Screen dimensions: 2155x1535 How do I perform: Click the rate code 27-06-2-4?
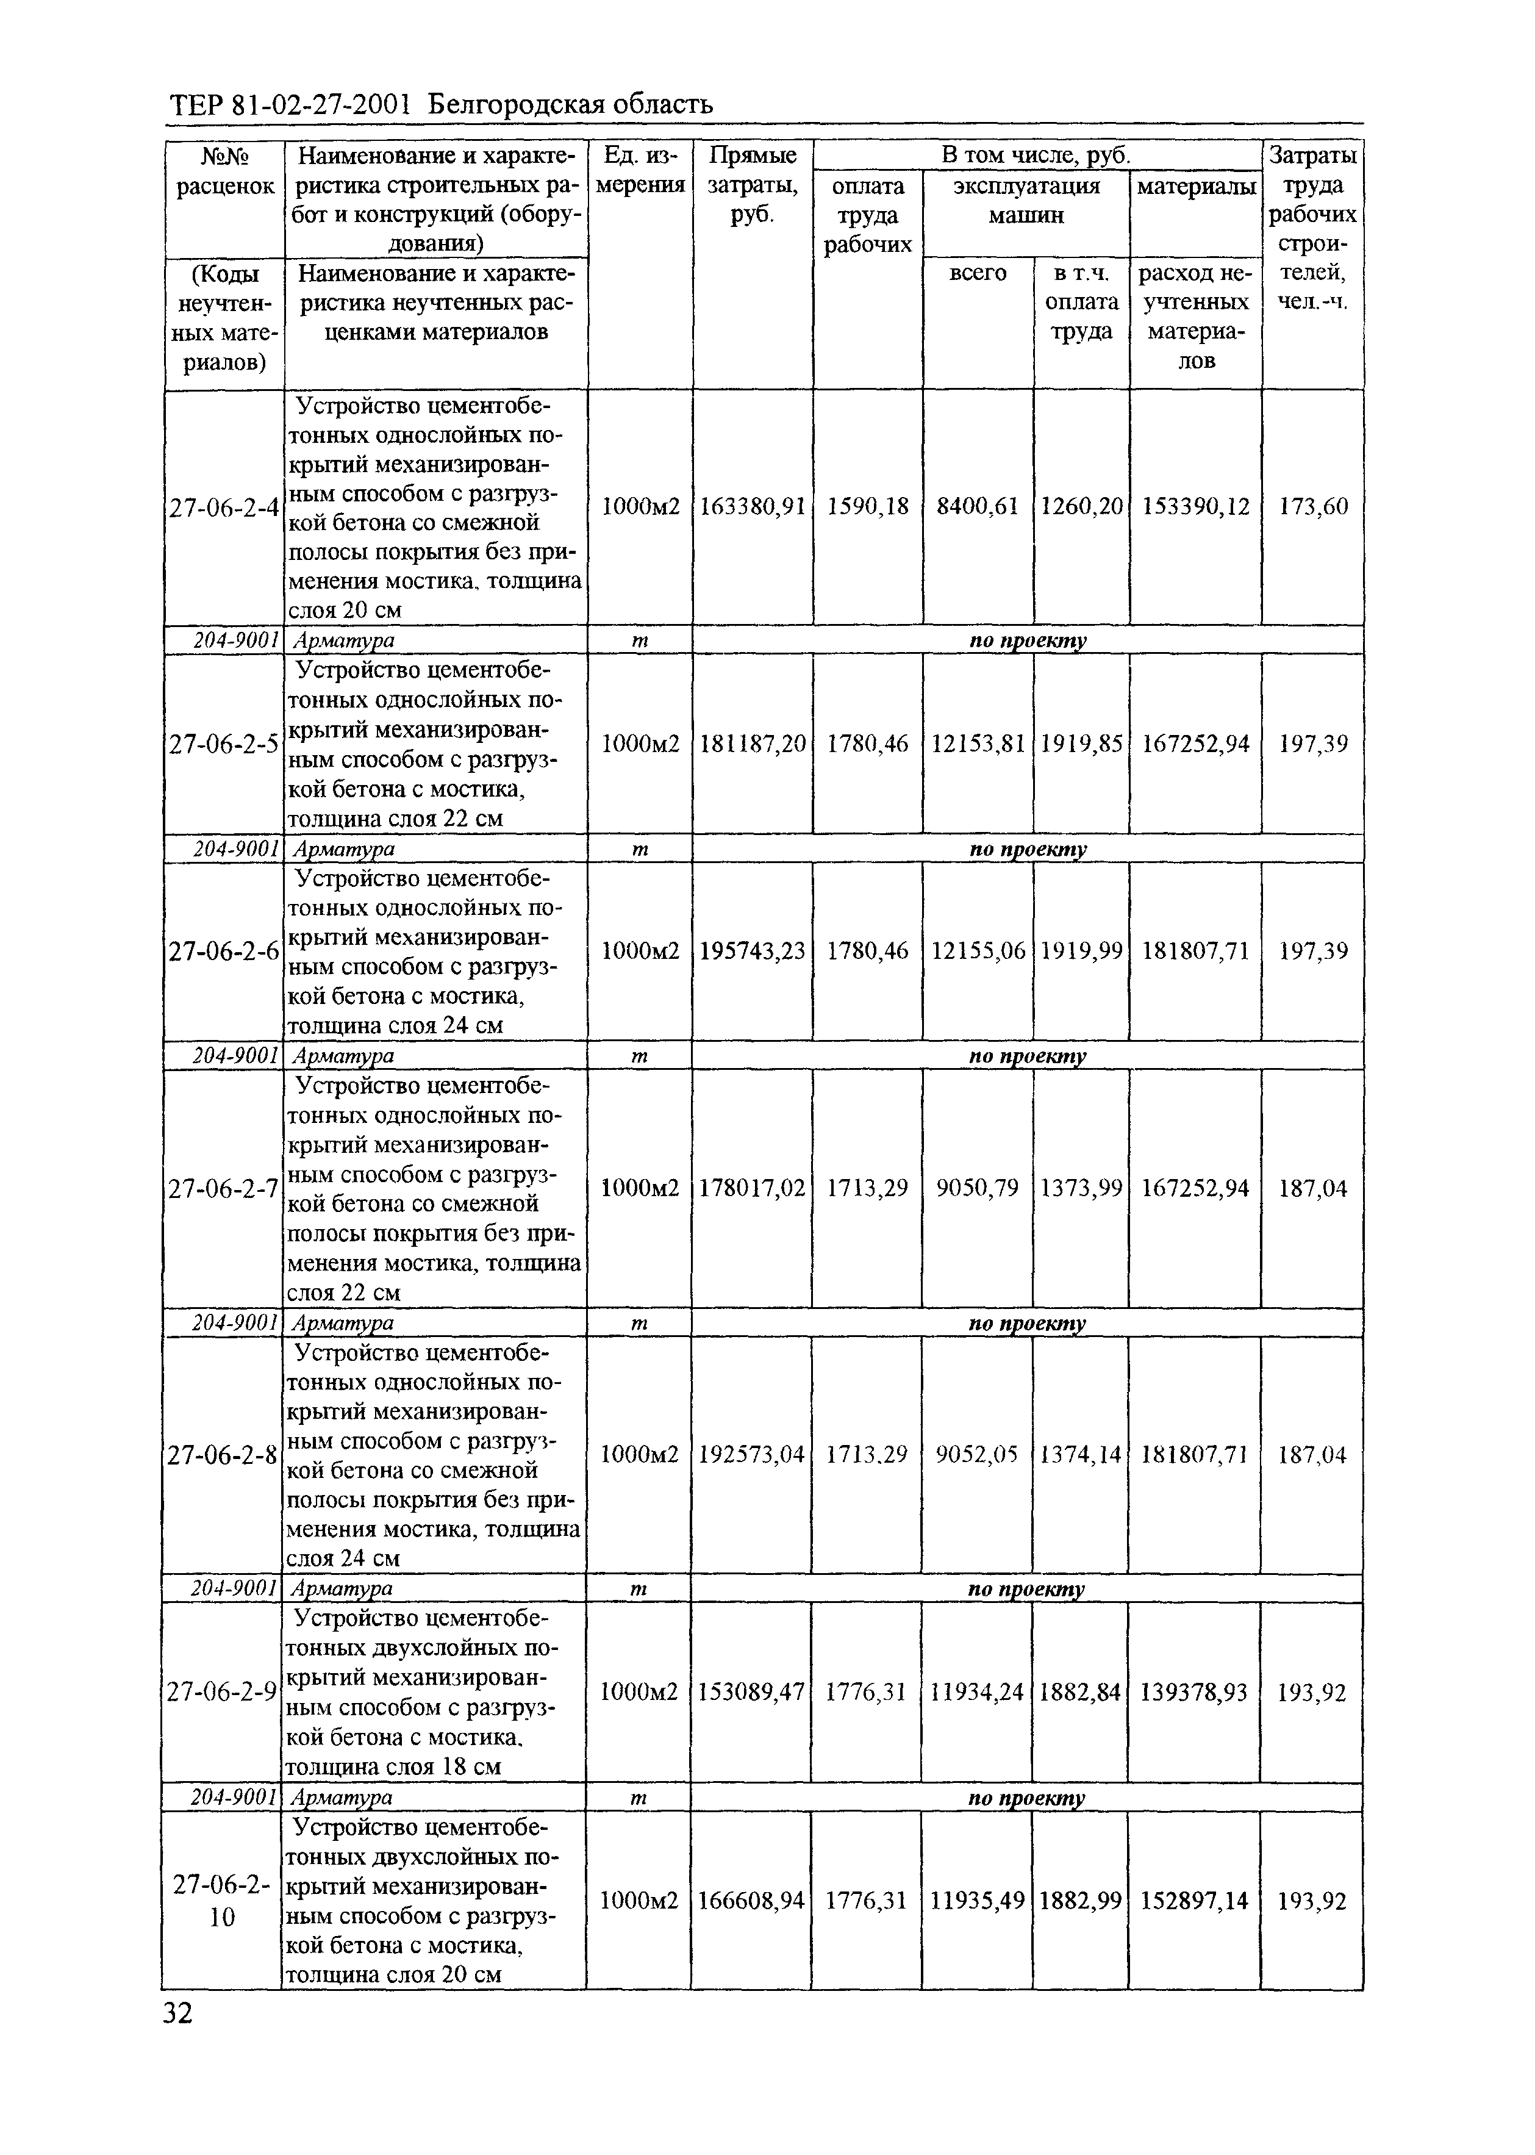coord(224,507)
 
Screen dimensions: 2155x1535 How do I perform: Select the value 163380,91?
coord(753,507)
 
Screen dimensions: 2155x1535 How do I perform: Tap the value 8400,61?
coord(978,507)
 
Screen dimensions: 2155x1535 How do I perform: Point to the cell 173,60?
coord(1313,507)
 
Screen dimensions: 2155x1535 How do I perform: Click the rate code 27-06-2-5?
coord(224,744)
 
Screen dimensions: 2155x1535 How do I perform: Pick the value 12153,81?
coord(978,744)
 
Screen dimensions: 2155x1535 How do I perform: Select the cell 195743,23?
coord(753,951)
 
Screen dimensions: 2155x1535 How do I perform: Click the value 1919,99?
coord(1081,951)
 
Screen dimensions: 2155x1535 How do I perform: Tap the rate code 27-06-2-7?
coord(223,1188)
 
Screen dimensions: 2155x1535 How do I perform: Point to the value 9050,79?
coord(978,1188)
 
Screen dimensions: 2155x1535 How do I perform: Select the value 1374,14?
coord(1081,1455)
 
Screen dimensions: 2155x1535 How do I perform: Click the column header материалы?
coord(1196,186)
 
